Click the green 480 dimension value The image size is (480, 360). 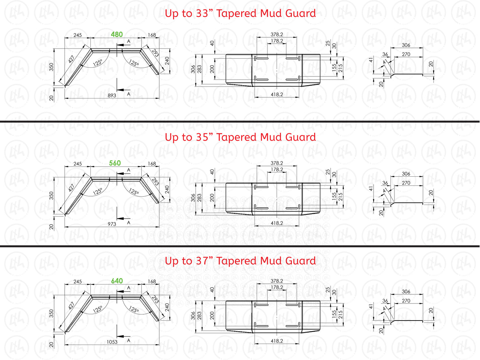tap(117, 35)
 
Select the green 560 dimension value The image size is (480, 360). tap(115, 163)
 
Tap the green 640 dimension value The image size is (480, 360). tap(117, 281)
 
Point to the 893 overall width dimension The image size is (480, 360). tap(112, 95)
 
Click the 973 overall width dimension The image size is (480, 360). tap(112, 224)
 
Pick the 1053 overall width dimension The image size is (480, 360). tap(112, 342)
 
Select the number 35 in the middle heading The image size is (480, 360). tap(202, 137)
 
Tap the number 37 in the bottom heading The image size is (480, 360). tap(202, 261)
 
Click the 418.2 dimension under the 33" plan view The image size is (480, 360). tap(277, 94)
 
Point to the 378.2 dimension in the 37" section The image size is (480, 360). tap(277, 281)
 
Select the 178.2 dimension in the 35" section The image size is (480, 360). tap(277, 169)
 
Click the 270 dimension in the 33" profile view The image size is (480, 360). tap(406, 54)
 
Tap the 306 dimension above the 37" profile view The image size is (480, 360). tap(406, 291)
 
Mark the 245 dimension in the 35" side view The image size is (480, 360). tap(77, 163)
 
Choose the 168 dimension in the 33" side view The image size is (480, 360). tap(152, 35)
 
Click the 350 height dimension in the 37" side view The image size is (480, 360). tap(52, 313)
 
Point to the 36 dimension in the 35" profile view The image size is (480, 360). tap(385, 183)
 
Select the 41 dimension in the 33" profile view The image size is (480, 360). tap(371, 60)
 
